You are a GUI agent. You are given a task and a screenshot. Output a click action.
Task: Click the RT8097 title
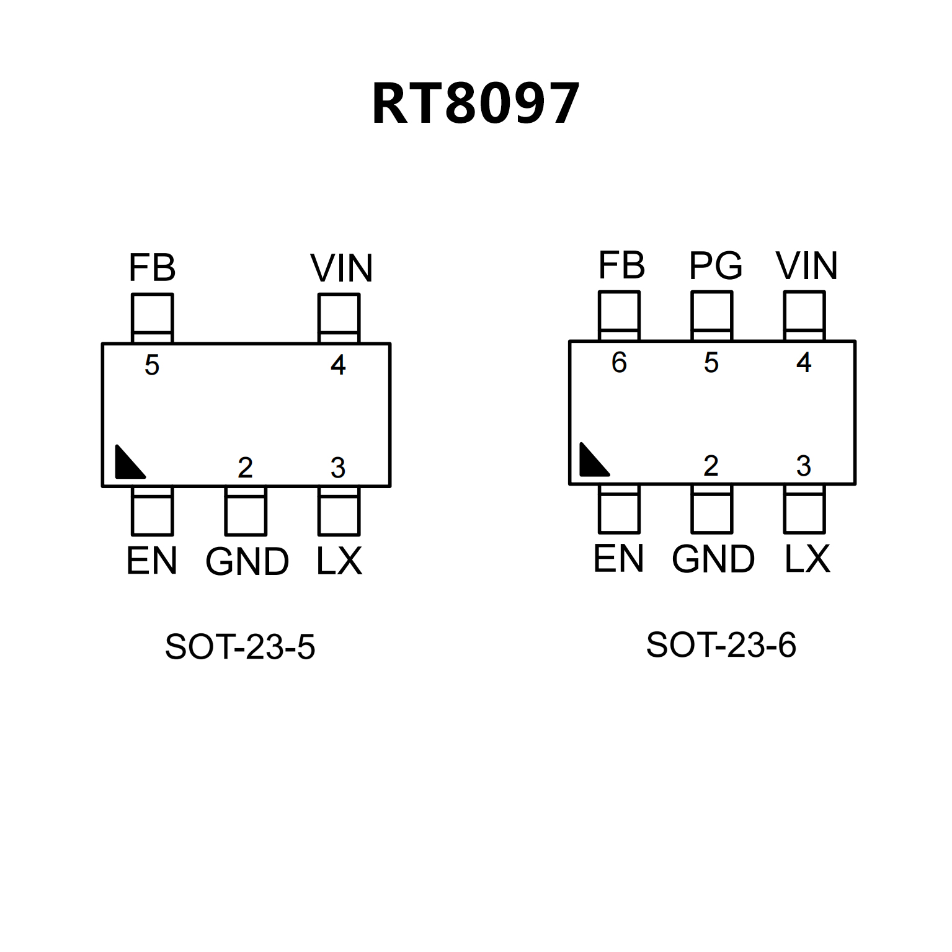coord(476,104)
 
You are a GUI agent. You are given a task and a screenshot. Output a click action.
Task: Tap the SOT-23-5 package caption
coord(240,647)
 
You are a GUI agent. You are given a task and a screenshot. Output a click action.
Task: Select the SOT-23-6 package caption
coord(721,645)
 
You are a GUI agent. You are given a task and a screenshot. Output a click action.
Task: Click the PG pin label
coord(715,266)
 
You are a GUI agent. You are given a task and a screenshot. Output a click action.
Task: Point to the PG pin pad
coord(711,316)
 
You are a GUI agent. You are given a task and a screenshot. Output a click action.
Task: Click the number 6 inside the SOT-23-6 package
coord(619,363)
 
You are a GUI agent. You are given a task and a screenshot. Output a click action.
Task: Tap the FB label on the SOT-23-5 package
coord(152,268)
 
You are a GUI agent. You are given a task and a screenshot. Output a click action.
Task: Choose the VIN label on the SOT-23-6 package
coord(806,266)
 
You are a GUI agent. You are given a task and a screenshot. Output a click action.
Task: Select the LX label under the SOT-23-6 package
coord(807,559)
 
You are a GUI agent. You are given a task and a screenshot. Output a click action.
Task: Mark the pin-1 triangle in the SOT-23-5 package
coord(128,464)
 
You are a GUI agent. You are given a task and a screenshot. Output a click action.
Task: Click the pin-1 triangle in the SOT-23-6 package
coord(592,461)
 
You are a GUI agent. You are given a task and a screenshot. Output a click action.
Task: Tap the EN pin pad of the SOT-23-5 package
coord(152,511)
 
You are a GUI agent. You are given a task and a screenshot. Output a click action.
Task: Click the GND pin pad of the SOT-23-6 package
coord(711,509)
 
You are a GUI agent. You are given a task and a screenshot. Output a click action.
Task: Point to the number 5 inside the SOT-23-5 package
coord(152,365)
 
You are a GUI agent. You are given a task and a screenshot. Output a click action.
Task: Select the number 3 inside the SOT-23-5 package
coord(338,468)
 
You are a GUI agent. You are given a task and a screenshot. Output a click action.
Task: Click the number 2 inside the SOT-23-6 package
coord(711,466)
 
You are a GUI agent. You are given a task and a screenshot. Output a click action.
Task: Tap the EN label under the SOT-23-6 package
coord(618,559)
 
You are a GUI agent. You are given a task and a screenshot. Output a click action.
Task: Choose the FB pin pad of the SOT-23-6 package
coord(619,316)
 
